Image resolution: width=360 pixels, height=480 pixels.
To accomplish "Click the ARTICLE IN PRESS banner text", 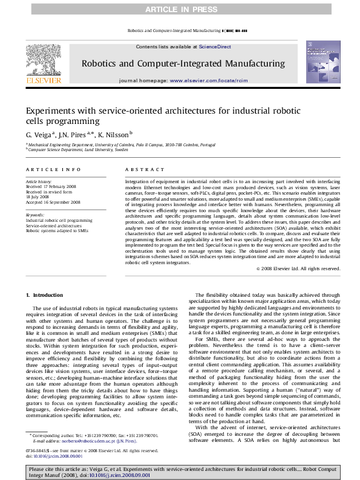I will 180,8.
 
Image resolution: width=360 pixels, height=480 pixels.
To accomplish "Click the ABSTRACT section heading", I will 139,171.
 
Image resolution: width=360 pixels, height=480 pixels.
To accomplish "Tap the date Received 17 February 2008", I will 50,186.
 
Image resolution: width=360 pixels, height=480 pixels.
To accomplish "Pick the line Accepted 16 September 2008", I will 52,203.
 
